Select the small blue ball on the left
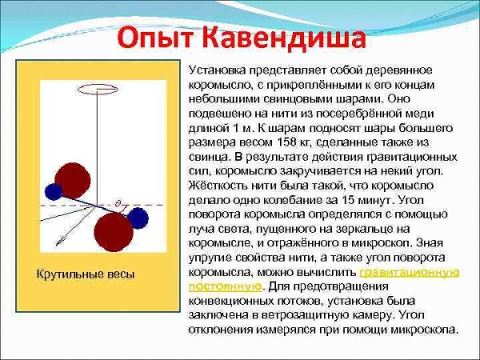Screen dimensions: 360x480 [x=54, y=191]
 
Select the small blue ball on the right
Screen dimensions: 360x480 [x=138, y=217]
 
